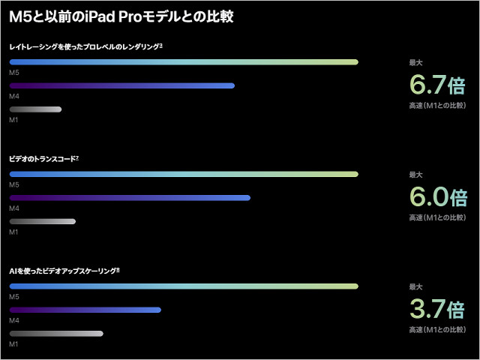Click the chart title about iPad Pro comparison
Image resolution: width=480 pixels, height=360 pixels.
pos(136,16)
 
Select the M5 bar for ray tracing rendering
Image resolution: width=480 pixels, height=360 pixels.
pos(184,61)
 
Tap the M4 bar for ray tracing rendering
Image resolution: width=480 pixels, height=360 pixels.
pos(121,85)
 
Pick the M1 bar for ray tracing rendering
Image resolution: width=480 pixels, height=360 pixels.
pos(35,109)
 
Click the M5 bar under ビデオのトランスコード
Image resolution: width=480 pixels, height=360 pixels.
pos(184,174)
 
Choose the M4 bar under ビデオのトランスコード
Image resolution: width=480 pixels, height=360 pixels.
pos(130,198)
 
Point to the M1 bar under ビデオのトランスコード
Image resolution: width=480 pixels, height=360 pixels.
pos(42,221)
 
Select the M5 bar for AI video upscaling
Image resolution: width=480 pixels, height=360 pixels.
pos(184,286)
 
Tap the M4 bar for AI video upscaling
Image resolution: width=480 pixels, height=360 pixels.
pos(85,310)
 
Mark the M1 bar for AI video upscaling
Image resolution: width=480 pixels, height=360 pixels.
pos(56,333)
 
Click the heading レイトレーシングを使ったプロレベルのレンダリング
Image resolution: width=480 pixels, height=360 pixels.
pos(85,46)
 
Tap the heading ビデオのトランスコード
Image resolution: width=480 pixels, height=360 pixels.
pos(43,159)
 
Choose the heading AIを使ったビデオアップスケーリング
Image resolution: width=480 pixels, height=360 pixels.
pos(64,271)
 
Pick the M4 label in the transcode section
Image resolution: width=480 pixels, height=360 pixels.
pos(13,208)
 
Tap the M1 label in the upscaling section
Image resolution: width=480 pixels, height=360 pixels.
pos(13,344)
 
